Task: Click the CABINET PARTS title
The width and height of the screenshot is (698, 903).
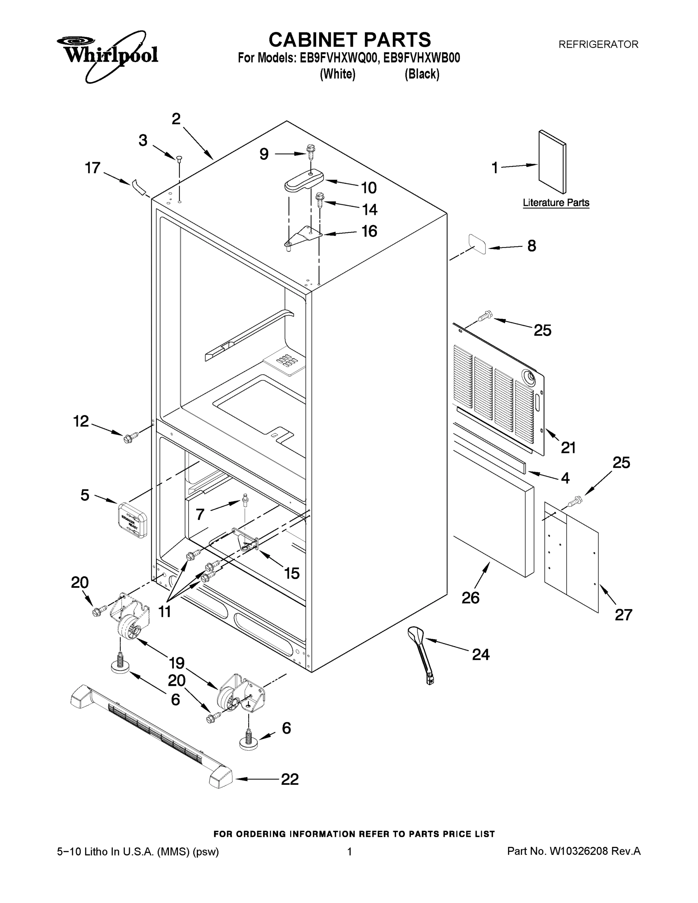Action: (350, 40)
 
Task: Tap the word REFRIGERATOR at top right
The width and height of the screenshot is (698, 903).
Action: (598, 44)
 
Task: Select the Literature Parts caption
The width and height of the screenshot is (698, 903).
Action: (556, 202)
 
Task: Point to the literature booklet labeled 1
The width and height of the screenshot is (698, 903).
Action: (552, 162)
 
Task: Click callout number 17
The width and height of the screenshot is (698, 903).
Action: (93, 168)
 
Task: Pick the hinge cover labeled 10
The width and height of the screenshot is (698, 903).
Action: (304, 181)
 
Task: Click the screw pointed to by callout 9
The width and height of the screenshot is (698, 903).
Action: (310, 152)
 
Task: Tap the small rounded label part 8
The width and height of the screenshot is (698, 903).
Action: (477, 243)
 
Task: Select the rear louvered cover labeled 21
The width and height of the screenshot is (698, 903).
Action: (498, 389)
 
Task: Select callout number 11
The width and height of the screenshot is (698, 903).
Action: (164, 611)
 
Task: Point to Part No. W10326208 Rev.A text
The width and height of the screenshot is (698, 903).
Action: (573, 851)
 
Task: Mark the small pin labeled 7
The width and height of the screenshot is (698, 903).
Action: (246, 499)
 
